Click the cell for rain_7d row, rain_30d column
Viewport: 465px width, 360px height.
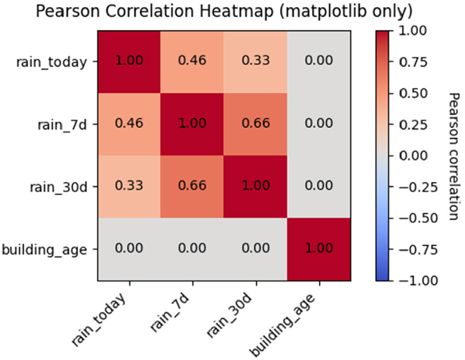coord(255,124)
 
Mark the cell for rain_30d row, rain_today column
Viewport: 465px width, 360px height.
coord(129,187)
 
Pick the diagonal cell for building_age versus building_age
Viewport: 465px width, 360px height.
coord(318,249)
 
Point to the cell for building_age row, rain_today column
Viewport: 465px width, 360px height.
coord(129,249)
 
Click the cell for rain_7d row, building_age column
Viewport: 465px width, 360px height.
coord(318,124)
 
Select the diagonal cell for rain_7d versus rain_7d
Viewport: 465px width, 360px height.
coord(192,124)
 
